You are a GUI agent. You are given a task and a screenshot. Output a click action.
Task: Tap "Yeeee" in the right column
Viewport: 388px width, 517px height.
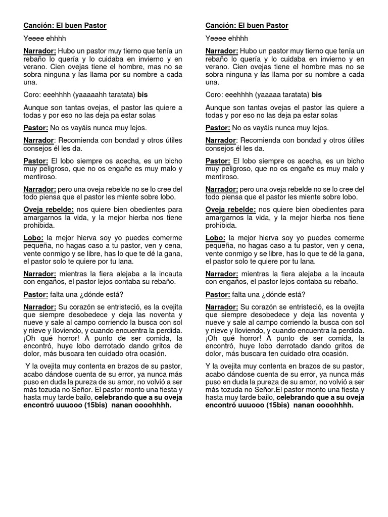[x=216, y=38]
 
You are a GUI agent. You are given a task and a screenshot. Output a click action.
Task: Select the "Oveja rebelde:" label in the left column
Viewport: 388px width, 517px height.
[x=48, y=210]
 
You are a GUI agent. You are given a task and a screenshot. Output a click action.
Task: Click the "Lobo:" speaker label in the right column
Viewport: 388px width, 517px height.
[x=215, y=237]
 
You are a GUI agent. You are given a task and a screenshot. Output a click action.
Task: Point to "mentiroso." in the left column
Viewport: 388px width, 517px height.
[x=40, y=177]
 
